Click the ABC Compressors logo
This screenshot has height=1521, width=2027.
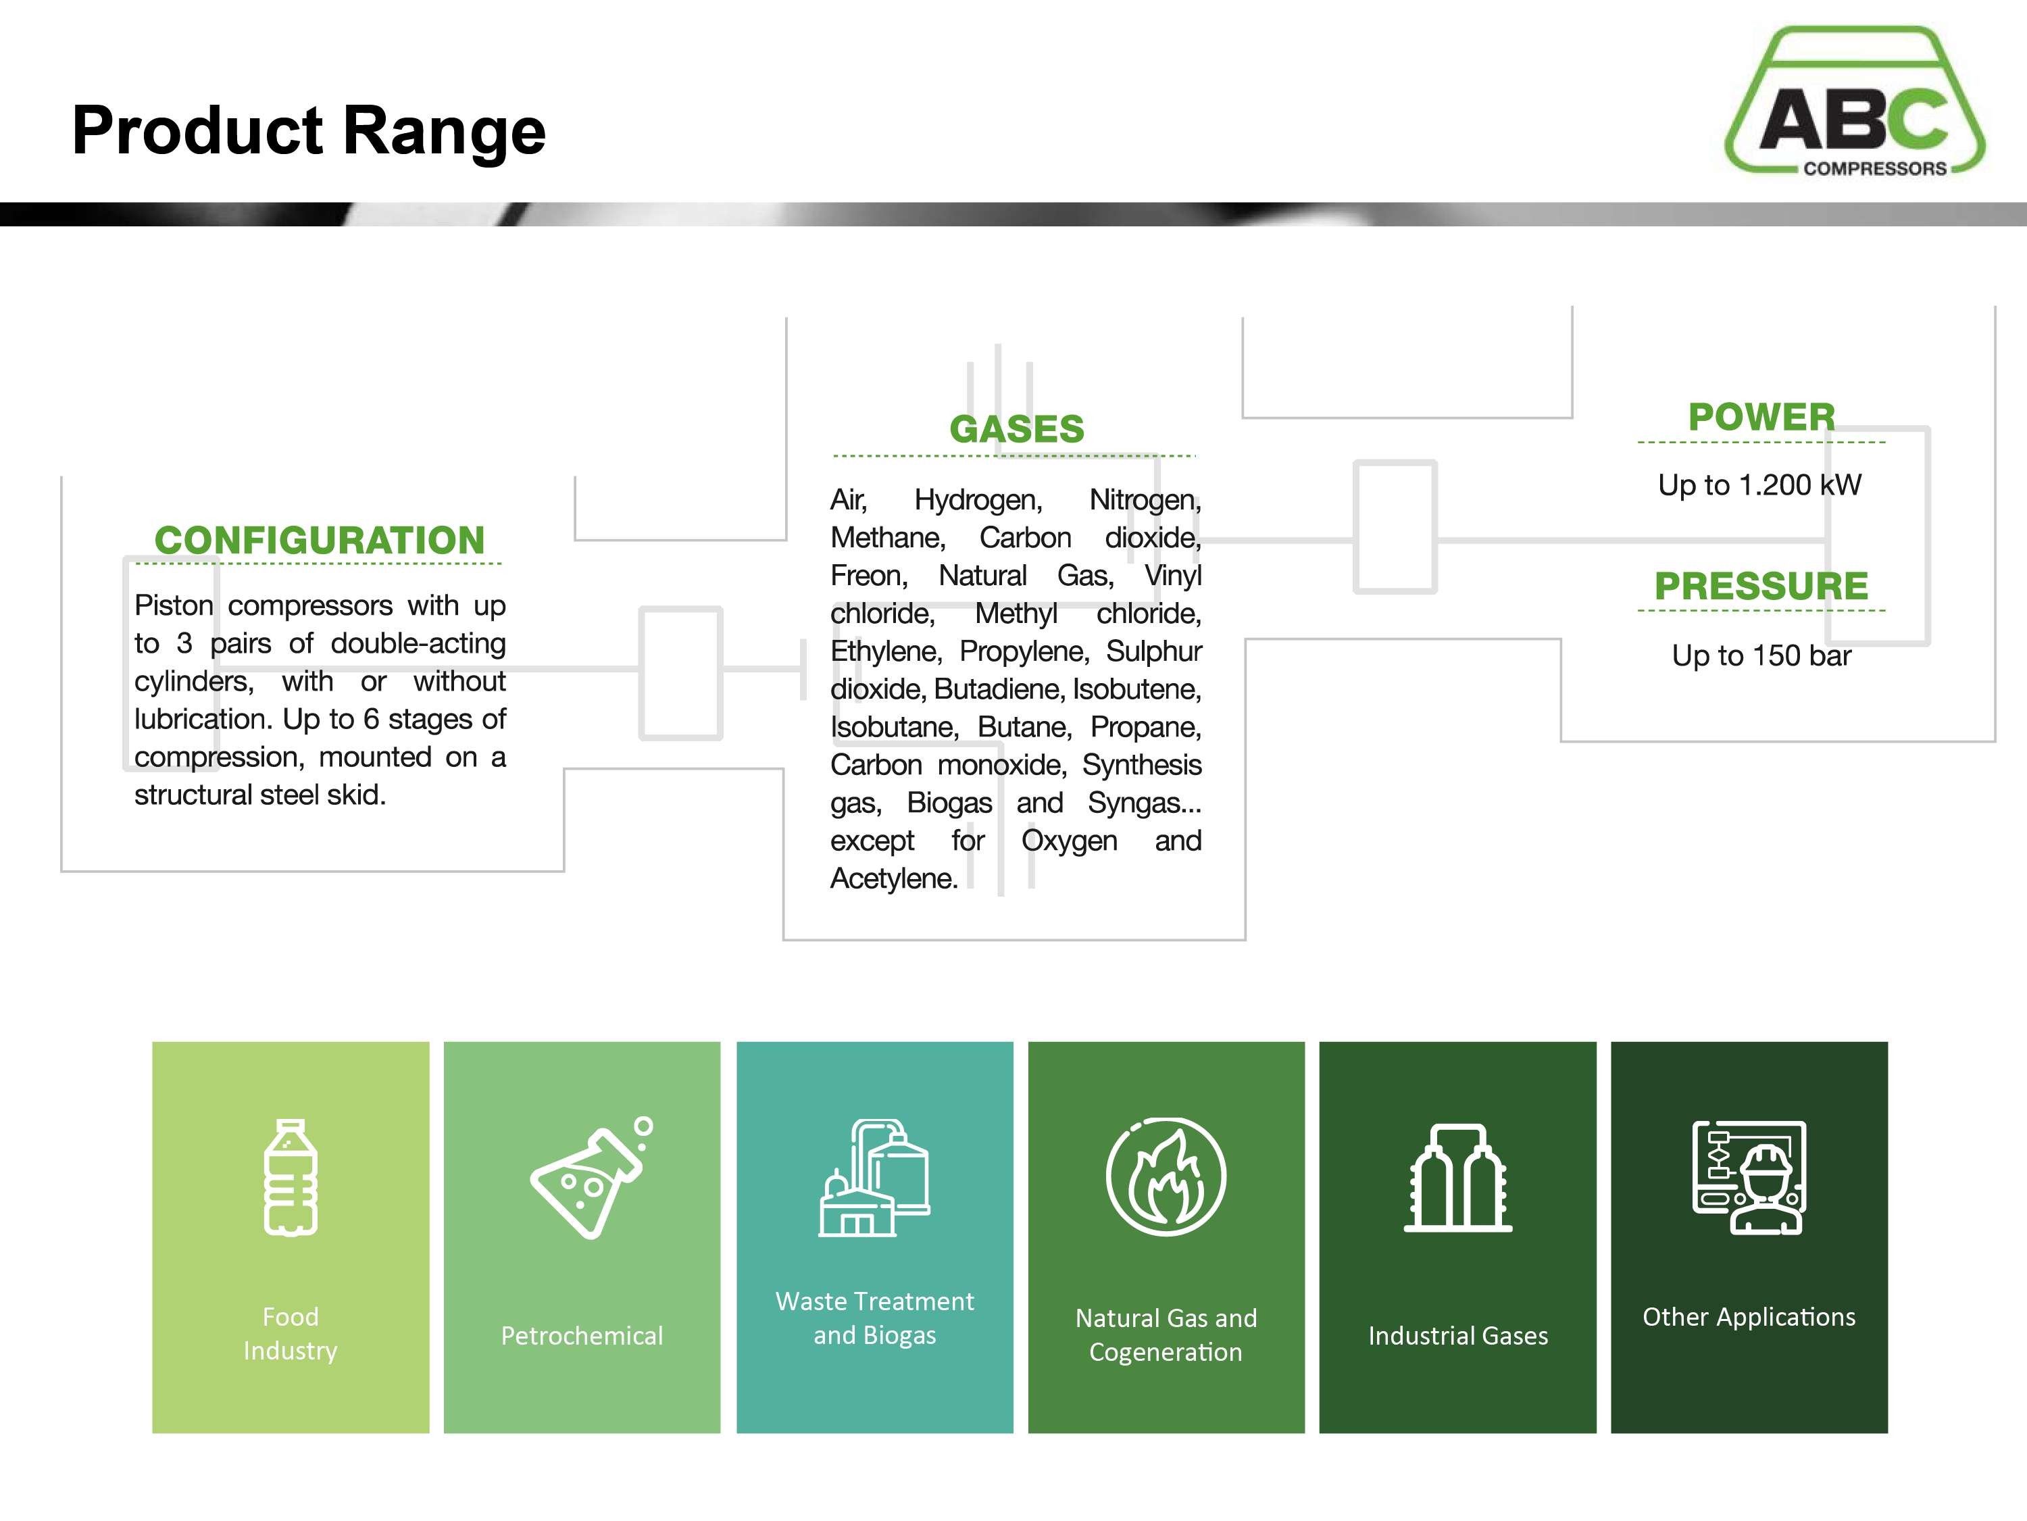pyautogui.click(x=1854, y=101)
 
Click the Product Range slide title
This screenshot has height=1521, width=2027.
pyautogui.click(x=309, y=131)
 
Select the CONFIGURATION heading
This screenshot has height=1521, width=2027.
pyautogui.click(x=319, y=540)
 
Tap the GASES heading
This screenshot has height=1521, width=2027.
pyautogui.click(x=1016, y=429)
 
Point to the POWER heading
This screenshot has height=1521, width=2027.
pyautogui.click(x=1761, y=417)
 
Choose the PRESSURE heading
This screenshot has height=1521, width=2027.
pyautogui.click(x=1761, y=585)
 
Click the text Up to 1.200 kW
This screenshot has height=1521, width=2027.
pyautogui.click(x=1759, y=484)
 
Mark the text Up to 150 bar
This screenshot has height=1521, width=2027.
pyautogui.click(x=1761, y=655)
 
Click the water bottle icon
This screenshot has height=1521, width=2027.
pyautogui.click(x=291, y=1177)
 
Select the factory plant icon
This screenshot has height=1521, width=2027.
pyautogui.click(x=874, y=1177)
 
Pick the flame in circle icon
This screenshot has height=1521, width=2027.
pyautogui.click(x=1166, y=1177)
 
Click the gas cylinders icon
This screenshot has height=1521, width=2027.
pyautogui.click(x=1458, y=1177)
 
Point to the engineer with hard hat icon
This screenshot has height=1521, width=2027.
pyautogui.click(x=1749, y=1177)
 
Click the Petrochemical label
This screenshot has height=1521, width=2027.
pyautogui.click(x=582, y=1336)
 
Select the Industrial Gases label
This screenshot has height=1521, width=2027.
pyautogui.click(x=1458, y=1336)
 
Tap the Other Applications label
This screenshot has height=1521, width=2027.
pyautogui.click(x=1749, y=1317)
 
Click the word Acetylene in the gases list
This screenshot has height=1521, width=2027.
pyautogui.click(x=893, y=878)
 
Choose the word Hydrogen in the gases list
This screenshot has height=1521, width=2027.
pyautogui.click(x=978, y=500)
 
